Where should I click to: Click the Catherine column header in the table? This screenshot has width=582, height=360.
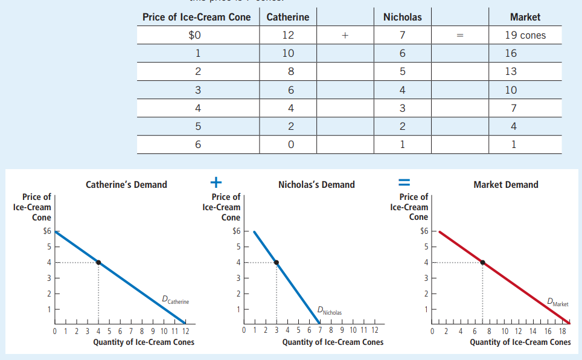[287, 17]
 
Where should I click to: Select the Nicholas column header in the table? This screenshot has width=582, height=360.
[402, 17]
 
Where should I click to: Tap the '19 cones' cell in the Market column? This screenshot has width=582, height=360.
[525, 35]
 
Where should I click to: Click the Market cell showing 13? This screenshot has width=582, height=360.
[511, 71]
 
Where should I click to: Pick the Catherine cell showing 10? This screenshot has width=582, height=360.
[288, 53]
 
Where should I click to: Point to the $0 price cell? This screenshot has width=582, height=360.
[195, 35]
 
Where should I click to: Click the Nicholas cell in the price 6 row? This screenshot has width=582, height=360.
[402, 144]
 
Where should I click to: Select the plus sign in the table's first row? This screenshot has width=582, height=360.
[345, 35]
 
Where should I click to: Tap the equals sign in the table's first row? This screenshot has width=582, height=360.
[459, 35]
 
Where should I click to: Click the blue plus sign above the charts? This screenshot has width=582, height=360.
[216, 181]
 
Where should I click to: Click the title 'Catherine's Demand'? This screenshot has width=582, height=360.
[126, 185]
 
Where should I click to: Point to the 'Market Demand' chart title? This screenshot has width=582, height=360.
[506, 185]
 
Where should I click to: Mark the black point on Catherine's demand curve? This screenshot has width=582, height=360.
[98, 262]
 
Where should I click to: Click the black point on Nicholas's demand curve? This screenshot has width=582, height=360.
[277, 262]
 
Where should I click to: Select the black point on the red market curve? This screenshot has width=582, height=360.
[482, 262]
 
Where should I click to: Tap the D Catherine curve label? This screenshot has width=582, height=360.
[175, 299]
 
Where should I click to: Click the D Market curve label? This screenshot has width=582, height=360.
[557, 302]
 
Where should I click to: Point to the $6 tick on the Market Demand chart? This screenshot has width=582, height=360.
[424, 231]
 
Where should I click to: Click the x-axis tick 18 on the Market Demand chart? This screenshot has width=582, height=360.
[563, 330]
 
